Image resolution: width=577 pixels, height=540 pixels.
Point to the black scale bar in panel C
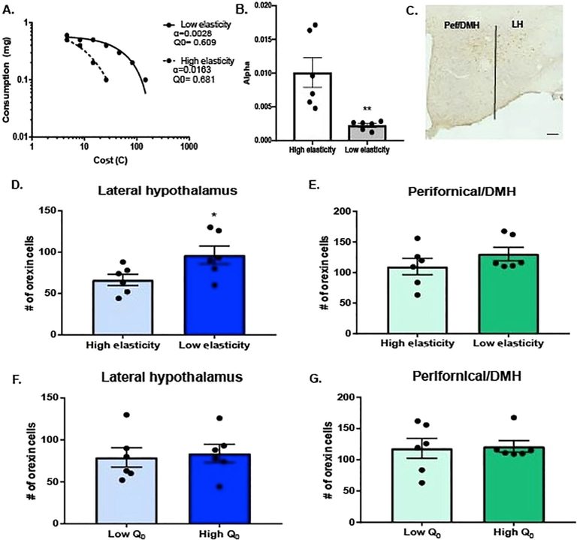552,134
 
